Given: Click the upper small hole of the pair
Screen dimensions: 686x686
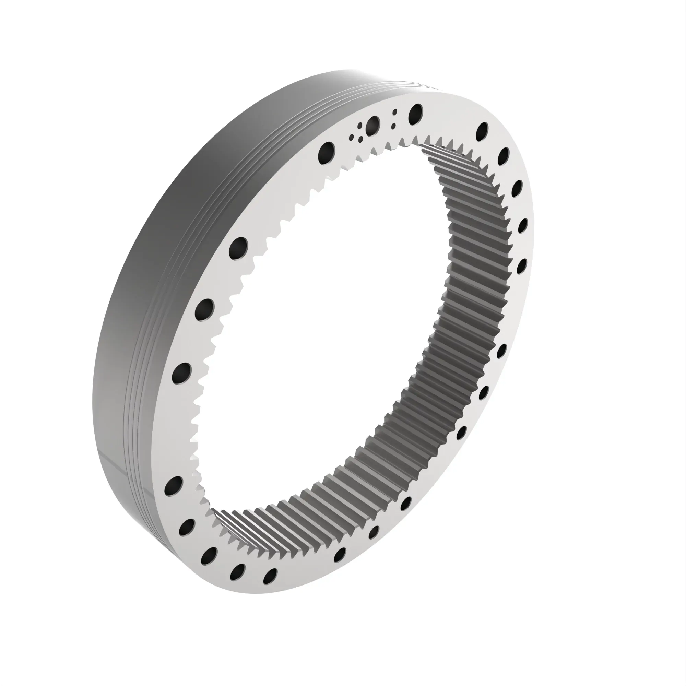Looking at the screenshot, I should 394,112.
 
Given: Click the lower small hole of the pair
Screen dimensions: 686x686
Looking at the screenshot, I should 393,126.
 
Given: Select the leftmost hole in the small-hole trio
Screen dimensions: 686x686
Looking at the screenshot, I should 352,137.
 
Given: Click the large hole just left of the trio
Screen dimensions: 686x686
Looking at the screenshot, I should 326,152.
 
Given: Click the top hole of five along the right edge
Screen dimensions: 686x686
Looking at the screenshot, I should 483,132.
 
